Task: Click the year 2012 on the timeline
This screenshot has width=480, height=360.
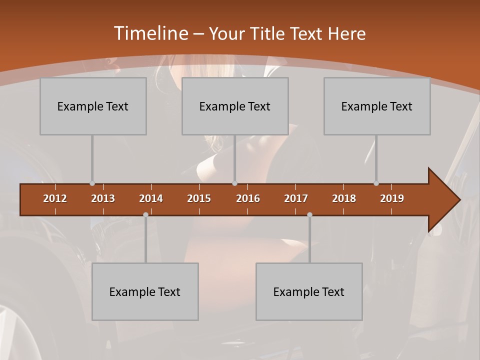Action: point(55,198)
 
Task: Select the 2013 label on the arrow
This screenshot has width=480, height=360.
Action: point(103,198)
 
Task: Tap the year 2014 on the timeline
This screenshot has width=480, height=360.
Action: point(151,198)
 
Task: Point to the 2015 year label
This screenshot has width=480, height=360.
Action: point(199,198)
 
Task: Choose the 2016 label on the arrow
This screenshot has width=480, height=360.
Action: point(248,198)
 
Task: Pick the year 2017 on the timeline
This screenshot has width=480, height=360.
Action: point(296,198)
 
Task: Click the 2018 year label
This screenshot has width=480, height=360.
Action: point(344,198)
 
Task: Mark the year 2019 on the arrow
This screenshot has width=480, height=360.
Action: point(392,198)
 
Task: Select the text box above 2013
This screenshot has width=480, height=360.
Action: point(93,106)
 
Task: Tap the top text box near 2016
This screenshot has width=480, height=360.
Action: point(235,106)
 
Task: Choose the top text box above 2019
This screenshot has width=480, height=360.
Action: point(377,106)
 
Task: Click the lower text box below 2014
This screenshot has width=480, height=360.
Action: point(145,291)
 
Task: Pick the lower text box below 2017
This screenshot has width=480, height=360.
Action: point(309,291)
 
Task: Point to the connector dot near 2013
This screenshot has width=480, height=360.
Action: point(92,183)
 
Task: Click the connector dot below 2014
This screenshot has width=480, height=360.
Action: point(145,214)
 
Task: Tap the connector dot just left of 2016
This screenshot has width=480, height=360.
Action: point(234,183)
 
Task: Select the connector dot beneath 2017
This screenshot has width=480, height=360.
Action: point(309,214)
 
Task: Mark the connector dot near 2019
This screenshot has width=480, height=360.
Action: point(376,183)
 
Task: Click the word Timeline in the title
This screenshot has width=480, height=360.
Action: point(150,33)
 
